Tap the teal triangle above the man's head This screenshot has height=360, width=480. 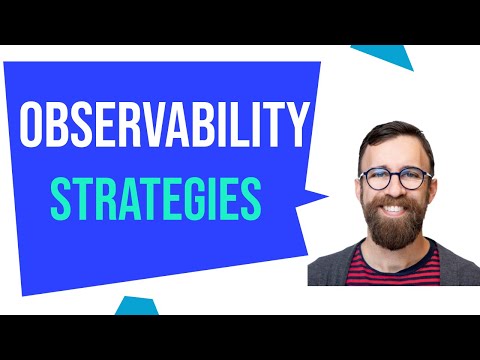391,56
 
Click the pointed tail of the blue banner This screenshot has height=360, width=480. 322,195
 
